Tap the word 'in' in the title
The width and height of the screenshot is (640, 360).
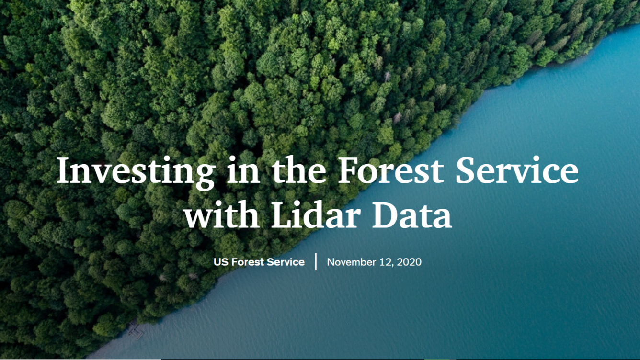(243, 171)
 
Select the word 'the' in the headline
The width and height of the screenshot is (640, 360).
(300, 171)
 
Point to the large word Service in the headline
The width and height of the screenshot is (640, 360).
(517, 171)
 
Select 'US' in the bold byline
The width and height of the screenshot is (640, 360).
(221, 262)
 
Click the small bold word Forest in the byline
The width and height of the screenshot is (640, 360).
(247, 262)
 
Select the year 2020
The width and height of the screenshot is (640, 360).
(409, 262)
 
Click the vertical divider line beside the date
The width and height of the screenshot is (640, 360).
(316, 262)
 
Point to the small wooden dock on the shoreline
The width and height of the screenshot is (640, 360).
(135, 329)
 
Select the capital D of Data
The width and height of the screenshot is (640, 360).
(385, 215)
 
